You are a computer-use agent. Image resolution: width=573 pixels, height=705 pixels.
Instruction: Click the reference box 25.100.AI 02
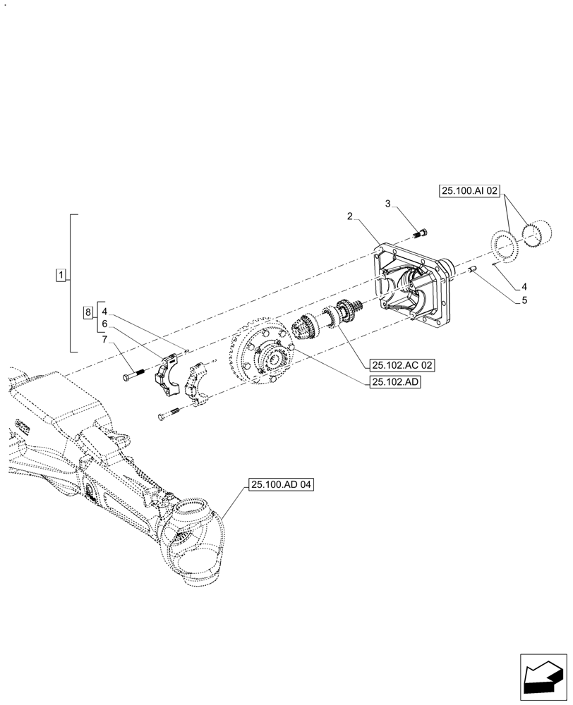[469, 190]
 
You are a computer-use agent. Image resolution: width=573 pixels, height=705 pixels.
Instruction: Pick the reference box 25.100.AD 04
[280, 485]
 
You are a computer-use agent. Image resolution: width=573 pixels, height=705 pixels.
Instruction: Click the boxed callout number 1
[61, 274]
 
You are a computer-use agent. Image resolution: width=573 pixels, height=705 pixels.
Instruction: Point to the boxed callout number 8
[88, 312]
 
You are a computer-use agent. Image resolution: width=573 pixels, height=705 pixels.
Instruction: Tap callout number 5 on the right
[523, 301]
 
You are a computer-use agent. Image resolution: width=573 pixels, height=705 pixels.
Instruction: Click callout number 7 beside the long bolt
[104, 341]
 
